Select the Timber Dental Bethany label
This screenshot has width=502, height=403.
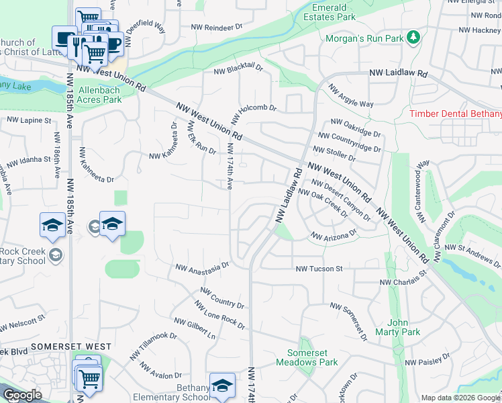pos(455,114)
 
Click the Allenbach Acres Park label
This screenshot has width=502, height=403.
pos(100,95)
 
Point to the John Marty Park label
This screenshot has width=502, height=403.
pos(397,327)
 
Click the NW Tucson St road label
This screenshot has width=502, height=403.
pos(319,269)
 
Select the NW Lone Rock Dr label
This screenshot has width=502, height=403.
pos(219,314)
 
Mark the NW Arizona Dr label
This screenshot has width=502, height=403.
pos(333,236)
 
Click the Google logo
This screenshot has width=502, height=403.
pos(22,395)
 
